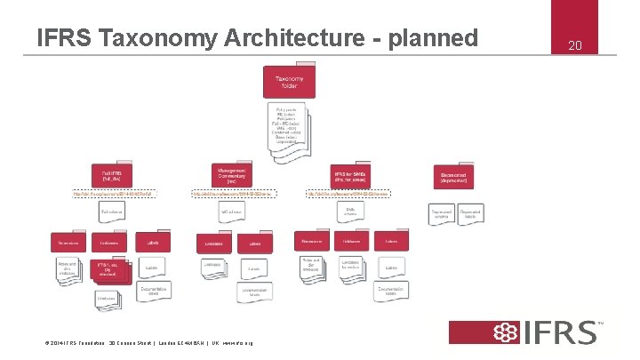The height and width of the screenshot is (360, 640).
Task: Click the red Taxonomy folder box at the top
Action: [287, 84]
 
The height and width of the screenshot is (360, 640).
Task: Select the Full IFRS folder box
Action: [111, 175]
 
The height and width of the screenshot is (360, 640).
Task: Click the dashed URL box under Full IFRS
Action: [111, 193]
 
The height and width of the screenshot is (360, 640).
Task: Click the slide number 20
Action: [573, 44]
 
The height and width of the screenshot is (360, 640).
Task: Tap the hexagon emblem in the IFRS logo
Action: [507, 332]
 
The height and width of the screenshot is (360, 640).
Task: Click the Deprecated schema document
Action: [442, 214]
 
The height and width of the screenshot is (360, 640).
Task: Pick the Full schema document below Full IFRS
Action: [112, 214]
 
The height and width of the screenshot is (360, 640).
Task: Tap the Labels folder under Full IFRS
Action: [153, 242]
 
